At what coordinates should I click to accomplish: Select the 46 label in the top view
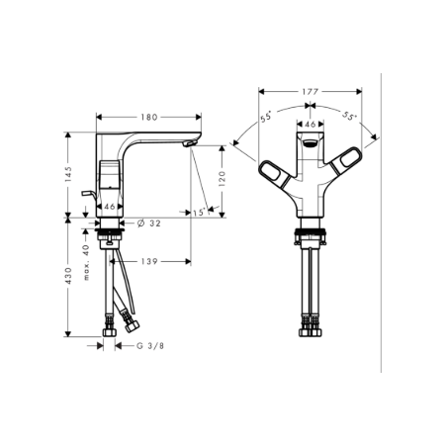click(x=309, y=126)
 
